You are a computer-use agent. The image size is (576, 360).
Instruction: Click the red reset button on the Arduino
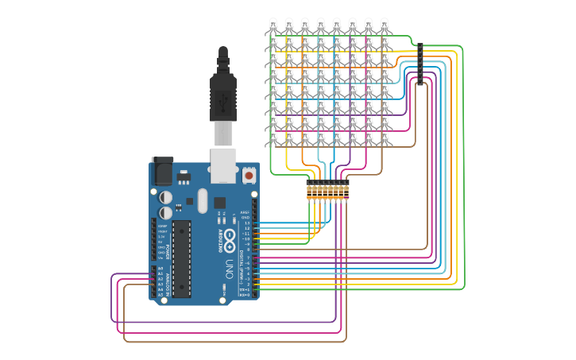(249, 175)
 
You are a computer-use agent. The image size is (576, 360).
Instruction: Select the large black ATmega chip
(181, 259)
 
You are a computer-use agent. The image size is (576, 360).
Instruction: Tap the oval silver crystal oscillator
(202, 200)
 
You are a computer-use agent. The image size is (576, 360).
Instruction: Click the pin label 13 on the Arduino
(246, 223)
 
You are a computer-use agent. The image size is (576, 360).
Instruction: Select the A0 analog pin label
(160, 269)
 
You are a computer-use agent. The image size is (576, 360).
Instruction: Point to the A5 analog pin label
(160, 295)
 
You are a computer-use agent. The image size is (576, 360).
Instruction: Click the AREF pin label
(245, 213)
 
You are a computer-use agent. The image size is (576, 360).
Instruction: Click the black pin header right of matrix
(419, 64)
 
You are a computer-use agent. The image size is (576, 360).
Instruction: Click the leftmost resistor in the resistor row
(309, 192)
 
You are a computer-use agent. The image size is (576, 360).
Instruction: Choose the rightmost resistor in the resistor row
(346, 192)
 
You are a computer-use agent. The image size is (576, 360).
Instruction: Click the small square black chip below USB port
(219, 202)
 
